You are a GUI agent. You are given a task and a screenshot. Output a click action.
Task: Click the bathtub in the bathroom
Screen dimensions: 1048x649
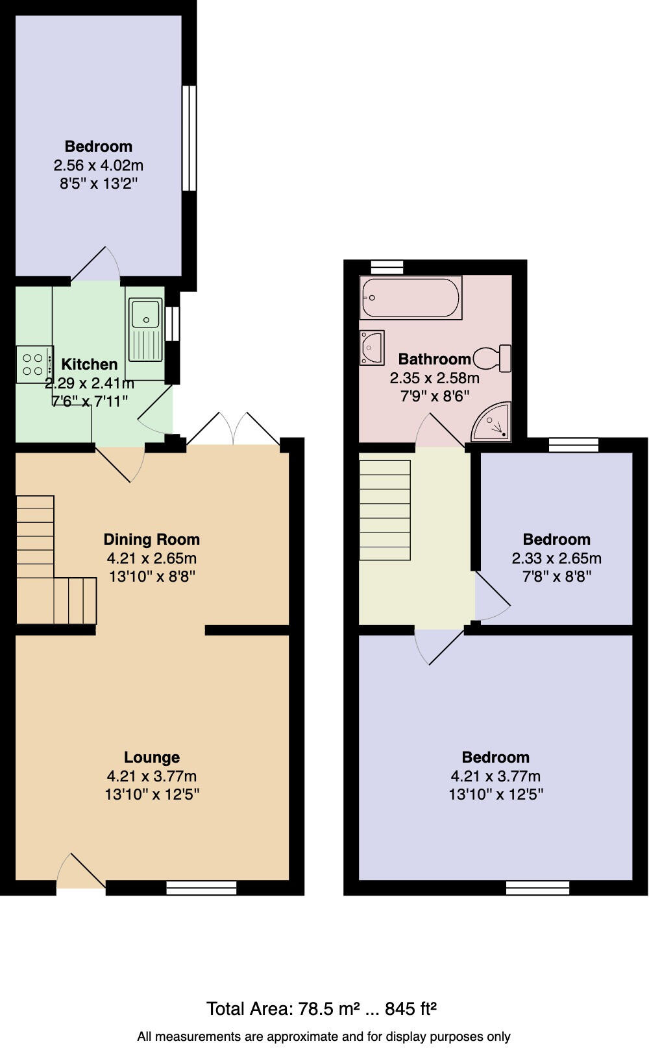coord(410,298)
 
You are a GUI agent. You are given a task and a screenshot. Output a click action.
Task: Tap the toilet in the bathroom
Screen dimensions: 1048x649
coord(493,358)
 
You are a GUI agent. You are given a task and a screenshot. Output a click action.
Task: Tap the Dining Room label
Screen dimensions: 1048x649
coord(151,540)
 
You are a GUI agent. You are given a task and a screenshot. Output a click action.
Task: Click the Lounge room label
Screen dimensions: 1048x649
coord(151,757)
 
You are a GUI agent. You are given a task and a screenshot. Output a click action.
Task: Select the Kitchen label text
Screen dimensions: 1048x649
coord(89,364)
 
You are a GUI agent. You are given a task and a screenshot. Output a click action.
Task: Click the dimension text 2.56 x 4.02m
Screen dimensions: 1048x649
coord(98,165)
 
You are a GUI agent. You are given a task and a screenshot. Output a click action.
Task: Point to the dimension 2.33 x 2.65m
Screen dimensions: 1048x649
coord(556,558)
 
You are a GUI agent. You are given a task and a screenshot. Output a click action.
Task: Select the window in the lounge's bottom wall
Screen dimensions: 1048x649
coord(201,888)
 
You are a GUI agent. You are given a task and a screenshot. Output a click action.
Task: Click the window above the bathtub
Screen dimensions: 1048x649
coord(387,267)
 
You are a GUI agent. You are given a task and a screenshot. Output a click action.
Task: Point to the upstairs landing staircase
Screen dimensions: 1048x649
coord(385,510)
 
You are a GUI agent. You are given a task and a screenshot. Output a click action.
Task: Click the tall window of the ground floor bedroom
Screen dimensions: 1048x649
coord(189,138)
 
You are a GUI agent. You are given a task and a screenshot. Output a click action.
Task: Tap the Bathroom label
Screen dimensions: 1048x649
coord(434,359)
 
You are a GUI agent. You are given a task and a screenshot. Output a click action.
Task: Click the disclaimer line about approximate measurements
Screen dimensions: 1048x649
coord(323,1036)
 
